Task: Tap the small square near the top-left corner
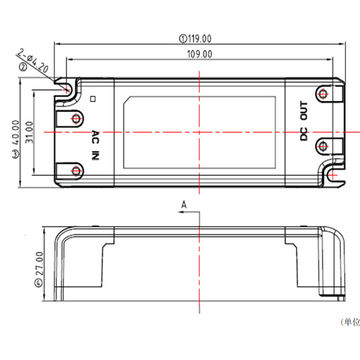tap(92, 99)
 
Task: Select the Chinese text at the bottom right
tap(349, 321)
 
